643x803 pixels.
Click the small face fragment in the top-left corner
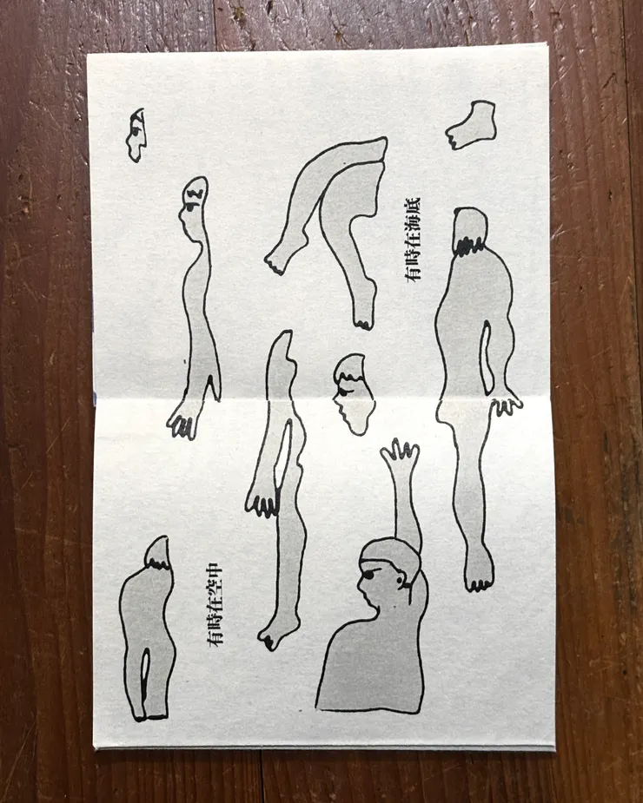coord(136,134)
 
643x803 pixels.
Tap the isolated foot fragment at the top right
coord(473,124)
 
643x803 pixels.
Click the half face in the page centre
coord(350,393)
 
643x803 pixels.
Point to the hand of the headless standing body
coord(504,401)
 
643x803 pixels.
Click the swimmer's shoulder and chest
coord(374,660)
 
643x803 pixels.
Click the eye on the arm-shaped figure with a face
coord(189,209)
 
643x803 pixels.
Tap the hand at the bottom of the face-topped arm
coord(183,421)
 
